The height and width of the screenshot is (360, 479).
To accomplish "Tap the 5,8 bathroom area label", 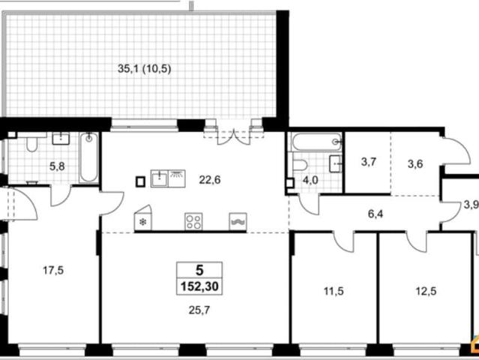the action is point(57,166).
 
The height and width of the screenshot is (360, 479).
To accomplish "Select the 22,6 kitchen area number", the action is point(210,180).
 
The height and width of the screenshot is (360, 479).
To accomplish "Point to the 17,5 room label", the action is point(53,270).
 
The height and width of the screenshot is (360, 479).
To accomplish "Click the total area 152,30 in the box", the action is point(199,286).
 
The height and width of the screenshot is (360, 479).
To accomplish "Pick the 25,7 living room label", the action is point(199,310).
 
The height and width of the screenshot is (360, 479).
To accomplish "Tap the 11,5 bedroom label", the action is point(334,291).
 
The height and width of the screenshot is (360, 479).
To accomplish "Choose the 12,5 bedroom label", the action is point(426,291).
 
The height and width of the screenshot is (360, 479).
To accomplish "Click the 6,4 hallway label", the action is point(376,214).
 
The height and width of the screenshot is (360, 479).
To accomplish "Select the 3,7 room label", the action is point(369,162).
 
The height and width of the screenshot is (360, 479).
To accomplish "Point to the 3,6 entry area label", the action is point(415,164).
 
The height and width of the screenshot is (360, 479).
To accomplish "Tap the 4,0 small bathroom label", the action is point(310,180).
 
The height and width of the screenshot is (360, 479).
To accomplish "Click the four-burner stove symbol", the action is point(193,221).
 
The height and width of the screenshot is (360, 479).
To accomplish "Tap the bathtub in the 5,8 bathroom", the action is point(89,157).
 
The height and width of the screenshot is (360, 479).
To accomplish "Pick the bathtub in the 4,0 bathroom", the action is point(316,142).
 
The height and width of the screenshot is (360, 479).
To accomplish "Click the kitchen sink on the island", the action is point(160,178).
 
